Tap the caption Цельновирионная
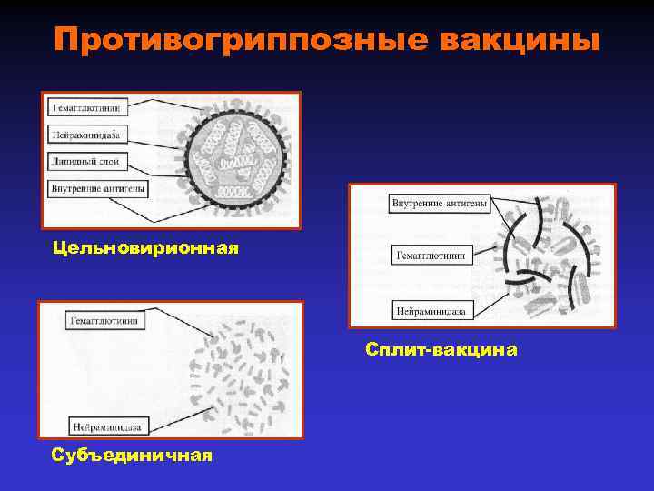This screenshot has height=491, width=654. (x=145, y=247)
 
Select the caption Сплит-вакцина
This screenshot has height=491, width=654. (x=441, y=348)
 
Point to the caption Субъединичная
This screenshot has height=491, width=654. (x=133, y=455)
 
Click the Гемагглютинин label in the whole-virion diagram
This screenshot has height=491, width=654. (x=88, y=107)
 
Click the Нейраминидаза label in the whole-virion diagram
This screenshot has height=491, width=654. (x=85, y=134)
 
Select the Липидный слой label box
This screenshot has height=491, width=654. (x=84, y=161)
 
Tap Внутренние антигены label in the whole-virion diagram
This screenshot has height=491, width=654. (x=98, y=188)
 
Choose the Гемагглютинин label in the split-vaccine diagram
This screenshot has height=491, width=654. (x=431, y=256)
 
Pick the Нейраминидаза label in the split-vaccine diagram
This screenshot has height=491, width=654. (x=431, y=311)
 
